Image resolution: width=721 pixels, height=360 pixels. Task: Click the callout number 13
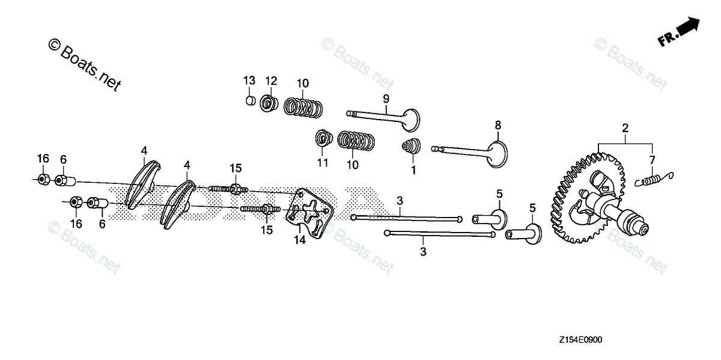coord(249,81)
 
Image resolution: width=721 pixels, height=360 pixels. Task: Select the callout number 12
coord(271,81)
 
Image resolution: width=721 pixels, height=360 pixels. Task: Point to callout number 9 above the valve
coord(386,98)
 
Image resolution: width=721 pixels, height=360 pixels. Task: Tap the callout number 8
coord(497,125)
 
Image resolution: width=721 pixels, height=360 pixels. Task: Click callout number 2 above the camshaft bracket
coord(625,128)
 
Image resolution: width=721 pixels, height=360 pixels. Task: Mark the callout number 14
coord(299,240)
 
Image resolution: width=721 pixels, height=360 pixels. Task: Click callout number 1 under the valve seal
coord(413,170)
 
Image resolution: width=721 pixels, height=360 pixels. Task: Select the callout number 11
coord(323,163)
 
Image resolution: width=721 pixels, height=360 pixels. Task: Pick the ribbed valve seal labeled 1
coord(410,147)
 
